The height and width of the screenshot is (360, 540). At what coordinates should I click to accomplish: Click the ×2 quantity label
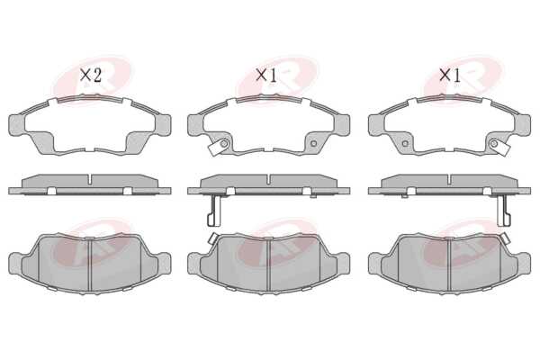[x=91, y=75]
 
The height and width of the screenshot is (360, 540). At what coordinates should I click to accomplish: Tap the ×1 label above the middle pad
[x=266, y=75]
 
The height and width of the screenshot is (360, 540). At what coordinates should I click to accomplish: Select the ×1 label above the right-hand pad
[x=450, y=75]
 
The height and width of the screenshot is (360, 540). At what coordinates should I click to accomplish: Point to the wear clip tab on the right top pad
[x=501, y=148]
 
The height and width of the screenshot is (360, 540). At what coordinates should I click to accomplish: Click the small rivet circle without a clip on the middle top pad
[x=313, y=143]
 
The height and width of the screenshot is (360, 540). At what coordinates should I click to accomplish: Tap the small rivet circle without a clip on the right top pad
[x=405, y=143]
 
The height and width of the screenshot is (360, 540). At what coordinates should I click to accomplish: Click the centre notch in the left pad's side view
[x=90, y=178]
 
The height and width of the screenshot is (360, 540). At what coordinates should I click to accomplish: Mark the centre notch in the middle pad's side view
[x=268, y=178]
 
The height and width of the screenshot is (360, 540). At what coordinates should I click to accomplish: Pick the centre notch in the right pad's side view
[x=450, y=178]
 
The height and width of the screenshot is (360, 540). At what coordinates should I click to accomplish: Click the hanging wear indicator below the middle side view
[x=214, y=210]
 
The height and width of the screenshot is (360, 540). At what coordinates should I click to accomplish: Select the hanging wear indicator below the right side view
[x=504, y=210]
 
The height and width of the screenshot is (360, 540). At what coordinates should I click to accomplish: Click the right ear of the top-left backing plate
[x=163, y=124]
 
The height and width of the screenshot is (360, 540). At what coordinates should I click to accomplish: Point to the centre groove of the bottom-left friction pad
[x=90, y=265]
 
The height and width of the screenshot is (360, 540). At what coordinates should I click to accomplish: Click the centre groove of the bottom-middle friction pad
[x=268, y=265]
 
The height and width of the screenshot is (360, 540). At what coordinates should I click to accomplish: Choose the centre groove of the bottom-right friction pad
[x=450, y=265]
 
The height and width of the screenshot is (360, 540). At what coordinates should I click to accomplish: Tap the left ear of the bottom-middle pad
[x=195, y=264]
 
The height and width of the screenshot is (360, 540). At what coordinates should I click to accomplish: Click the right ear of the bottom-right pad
[x=524, y=264]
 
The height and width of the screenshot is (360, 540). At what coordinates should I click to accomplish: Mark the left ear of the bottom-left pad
[x=16, y=264]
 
